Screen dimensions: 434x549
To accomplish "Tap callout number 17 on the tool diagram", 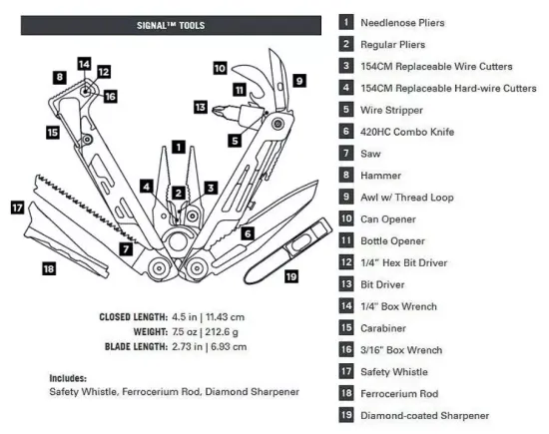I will (17, 208).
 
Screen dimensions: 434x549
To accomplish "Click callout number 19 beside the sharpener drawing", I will (291, 276).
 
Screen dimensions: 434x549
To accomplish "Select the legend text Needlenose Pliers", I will (404, 22).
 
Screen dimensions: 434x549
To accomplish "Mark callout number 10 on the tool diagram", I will (220, 69).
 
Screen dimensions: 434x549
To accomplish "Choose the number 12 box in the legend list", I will (346, 262).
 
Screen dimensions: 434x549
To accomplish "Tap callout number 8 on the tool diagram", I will (61, 77).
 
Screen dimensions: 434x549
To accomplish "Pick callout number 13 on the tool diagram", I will (200, 106).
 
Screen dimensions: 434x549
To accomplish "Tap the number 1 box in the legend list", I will (346, 22).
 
